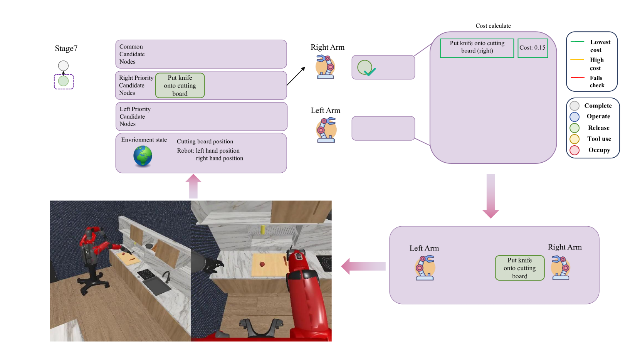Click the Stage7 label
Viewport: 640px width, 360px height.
66,49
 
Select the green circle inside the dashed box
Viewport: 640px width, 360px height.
64,81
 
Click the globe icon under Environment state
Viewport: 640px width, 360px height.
143,156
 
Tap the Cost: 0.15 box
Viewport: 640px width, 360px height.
532,48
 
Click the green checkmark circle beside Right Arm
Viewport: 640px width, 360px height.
365,68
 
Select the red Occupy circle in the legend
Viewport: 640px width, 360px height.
574,150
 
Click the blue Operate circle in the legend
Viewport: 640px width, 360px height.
574,117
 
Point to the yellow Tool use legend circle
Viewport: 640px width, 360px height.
574,139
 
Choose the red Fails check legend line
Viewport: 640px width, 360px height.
578,78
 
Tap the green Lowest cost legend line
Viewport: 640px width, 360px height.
578,42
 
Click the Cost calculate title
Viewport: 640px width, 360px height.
493,26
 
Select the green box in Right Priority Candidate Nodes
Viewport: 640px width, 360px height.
180,86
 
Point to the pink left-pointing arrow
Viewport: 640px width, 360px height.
363,266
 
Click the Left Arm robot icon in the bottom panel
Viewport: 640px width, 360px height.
425,267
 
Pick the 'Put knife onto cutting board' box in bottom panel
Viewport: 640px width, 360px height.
519,268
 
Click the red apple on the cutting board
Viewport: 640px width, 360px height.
262,264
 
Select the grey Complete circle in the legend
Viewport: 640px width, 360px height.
574,106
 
